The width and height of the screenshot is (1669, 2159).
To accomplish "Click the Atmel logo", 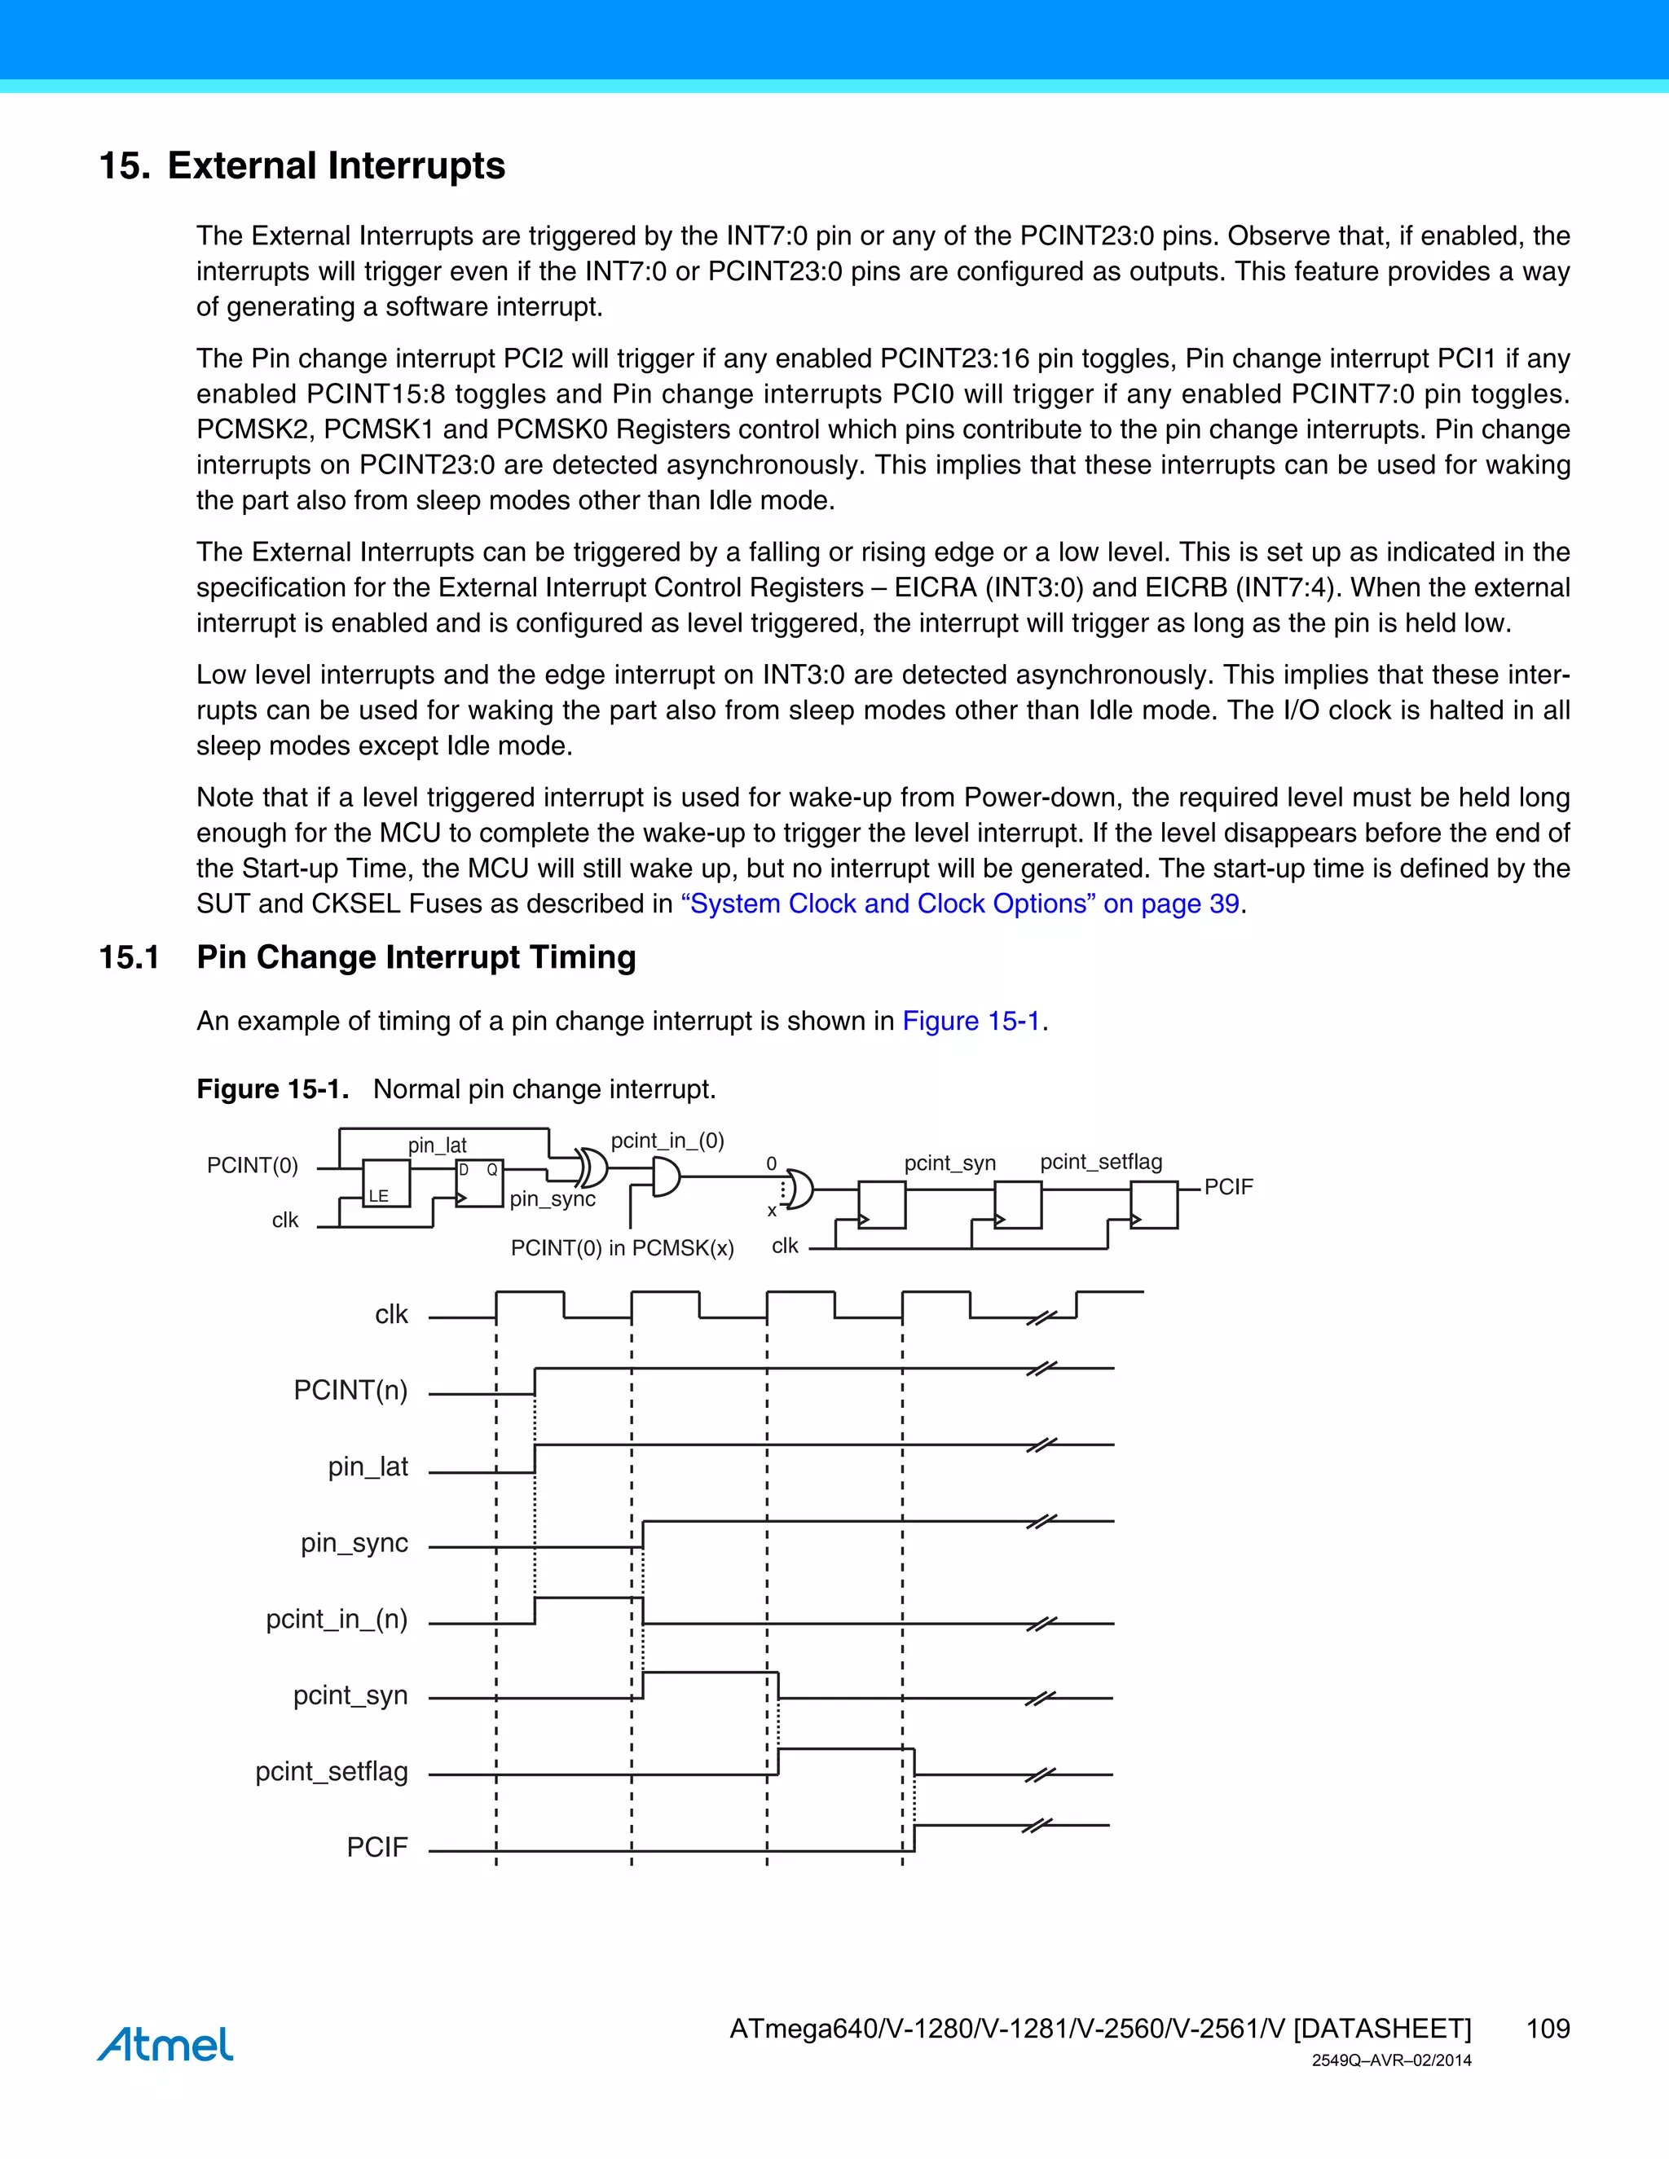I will coord(165,2043).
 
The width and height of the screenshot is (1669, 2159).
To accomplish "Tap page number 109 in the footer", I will coord(1548,2029).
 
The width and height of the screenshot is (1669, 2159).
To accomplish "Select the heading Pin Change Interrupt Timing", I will coord(416,957).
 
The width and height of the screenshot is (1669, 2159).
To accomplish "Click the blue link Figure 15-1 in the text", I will coord(971,1020).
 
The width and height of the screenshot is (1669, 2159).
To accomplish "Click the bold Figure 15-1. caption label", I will coord(273,1088).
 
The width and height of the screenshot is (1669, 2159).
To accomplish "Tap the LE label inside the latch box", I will coord(379,1195).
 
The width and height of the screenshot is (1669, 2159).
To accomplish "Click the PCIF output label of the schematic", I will coord(1228,1186).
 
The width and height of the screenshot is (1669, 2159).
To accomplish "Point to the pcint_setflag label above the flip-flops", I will coord(1100,1162).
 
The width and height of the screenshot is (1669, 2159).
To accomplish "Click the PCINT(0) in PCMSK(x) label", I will coord(622,1247).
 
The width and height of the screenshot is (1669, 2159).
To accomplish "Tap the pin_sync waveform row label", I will coord(354,1542).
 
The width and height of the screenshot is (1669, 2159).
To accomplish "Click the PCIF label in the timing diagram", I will coord(377,1847).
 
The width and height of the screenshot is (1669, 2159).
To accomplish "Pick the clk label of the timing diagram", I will coord(391,1314).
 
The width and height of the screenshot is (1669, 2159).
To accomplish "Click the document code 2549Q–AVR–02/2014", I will coord(1391,2060).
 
